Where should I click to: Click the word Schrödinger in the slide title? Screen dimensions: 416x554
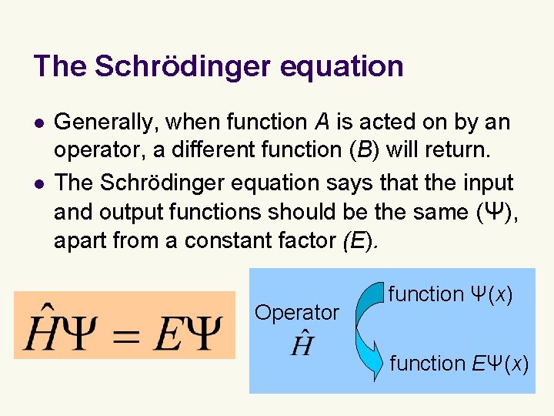coord(182,66)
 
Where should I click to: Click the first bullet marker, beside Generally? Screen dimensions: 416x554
coord(38,123)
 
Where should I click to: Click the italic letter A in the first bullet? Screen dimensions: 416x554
coord(320,122)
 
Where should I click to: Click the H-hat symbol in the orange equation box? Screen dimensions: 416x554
coord(38,329)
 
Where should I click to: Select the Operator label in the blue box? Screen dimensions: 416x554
coord(296,313)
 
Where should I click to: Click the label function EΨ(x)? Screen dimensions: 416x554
coord(459,363)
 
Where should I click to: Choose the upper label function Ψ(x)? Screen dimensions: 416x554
coord(450,294)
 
